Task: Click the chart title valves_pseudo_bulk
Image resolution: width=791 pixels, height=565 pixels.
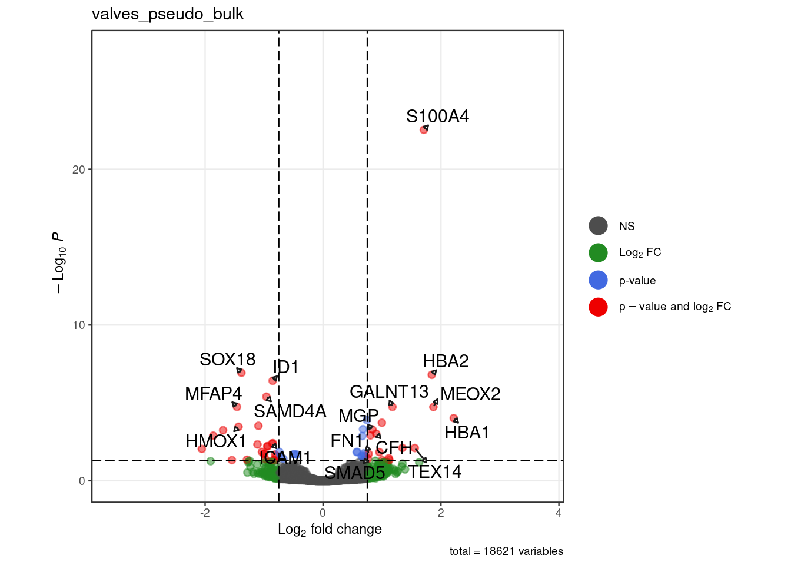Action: pyautogui.click(x=167, y=14)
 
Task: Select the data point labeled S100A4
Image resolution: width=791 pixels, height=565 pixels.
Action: pyautogui.click(x=424, y=129)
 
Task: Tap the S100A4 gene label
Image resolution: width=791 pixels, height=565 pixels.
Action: pyautogui.click(x=437, y=117)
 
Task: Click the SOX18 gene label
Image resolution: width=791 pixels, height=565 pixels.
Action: pyautogui.click(x=227, y=360)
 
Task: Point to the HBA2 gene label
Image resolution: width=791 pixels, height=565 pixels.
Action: pyautogui.click(x=446, y=361)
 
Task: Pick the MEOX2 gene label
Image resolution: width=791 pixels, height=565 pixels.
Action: pyautogui.click(x=470, y=394)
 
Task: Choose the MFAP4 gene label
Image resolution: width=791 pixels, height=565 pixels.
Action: pyautogui.click(x=213, y=394)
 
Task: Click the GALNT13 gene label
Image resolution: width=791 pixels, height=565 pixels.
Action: pyautogui.click(x=389, y=392)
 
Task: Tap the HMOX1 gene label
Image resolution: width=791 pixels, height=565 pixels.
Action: pyautogui.click(x=215, y=441)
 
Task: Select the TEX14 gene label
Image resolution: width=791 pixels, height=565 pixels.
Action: pyautogui.click(x=435, y=472)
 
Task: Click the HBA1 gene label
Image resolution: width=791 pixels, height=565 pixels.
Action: pyautogui.click(x=467, y=433)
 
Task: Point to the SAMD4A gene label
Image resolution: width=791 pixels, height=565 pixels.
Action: pyautogui.click(x=290, y=411)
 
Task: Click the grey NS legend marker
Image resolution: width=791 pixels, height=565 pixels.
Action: pyautogui.click(x=598, y=226)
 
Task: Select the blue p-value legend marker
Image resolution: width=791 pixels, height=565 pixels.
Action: pyautogui.click(x=598, y=280)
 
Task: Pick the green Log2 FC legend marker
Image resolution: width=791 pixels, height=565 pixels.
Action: pyautogui.click(x=598, y=252)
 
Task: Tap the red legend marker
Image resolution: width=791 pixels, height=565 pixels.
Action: pyautogui.click(x=598, y=307)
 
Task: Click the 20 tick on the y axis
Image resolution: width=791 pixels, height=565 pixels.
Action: pyautogui.click(x=78, y=169)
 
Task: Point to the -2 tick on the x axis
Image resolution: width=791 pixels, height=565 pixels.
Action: pyautogui.click(x=205, y=513)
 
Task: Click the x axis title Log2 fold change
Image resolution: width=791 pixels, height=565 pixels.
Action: pyautogui.click(x=330, y=529)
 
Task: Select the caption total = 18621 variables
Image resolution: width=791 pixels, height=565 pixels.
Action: pyautogui.click(x=506, y=551)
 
